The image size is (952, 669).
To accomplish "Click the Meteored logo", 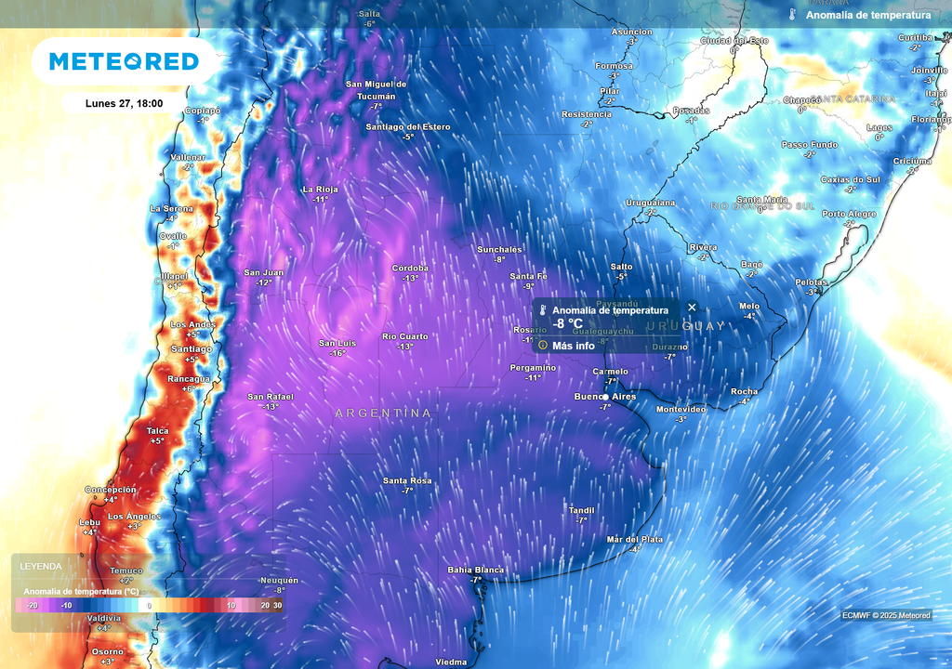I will click(x=124, y=61).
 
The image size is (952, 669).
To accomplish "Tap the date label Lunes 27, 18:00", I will click(x=125, y=103).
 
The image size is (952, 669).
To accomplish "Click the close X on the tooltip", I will click(x=692, y=308).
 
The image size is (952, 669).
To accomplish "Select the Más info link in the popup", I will click(x=573, y=346).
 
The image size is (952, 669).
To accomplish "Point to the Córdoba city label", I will click(x=410, y=268).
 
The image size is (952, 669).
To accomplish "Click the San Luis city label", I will click(x=337, y=343).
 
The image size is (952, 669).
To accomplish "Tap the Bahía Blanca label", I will click(x=475, y=570).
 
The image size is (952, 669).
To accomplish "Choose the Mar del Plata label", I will click(x=634, y=539).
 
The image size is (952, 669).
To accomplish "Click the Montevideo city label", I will click(x=681, y=409).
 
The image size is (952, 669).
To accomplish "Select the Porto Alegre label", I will click(x=849, y=214).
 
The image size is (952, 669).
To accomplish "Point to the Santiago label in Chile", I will click(x=192, y=348).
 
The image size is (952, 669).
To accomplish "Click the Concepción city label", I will click(x=111, y=489).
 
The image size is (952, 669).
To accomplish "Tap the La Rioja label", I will click(x=321, y=189).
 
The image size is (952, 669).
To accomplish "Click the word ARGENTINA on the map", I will click(x=383, y=413).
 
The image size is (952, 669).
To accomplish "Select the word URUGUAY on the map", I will click(x=685, y=326).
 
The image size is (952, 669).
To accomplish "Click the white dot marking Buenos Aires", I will click(x=605, y=398).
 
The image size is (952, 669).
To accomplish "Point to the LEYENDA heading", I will click(x=41, y=566).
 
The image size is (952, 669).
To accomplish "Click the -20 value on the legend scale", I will click(x=32, y=605).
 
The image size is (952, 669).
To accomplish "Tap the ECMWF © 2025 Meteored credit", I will click(x=886, y=615).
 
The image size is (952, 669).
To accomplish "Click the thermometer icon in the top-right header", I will click(x=792, y=15).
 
